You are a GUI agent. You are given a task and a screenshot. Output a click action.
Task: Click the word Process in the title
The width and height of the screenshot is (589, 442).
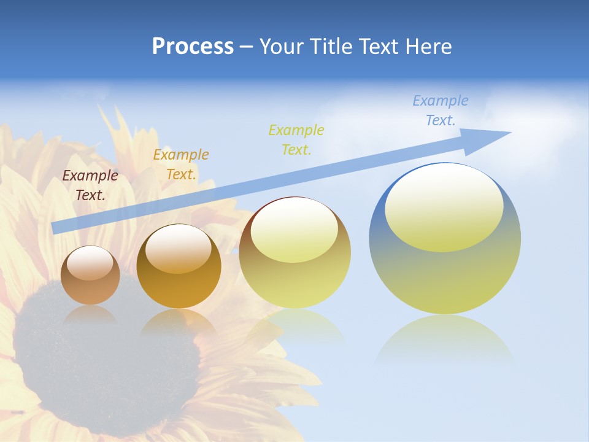point(193,47)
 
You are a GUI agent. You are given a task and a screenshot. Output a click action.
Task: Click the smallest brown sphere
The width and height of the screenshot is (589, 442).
point(90,275)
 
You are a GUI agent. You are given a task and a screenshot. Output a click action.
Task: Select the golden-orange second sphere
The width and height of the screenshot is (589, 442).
point(179,266)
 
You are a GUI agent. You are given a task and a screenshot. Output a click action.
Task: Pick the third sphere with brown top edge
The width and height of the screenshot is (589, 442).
point(294,252)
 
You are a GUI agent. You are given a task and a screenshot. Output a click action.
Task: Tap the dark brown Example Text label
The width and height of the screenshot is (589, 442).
point(90,185)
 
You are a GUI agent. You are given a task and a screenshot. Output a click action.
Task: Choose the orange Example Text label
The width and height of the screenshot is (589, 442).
point(181,165)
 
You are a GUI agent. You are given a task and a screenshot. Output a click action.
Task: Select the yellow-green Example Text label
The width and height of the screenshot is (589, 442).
point(296,139)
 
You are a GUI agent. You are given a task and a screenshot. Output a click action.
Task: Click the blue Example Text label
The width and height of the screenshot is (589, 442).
point(441,110)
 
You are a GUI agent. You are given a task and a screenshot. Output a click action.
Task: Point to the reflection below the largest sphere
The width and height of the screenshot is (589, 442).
point(445,341)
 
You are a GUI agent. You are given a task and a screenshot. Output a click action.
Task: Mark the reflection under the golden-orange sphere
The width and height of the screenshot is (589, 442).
point(179,323)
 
